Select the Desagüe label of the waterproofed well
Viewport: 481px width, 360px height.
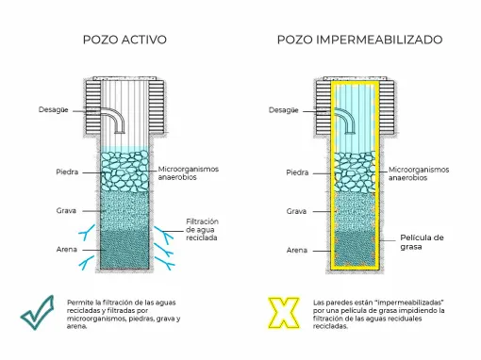point(283,110)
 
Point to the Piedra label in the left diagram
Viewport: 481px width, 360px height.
point(66,172)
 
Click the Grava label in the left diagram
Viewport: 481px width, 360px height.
point(65,211)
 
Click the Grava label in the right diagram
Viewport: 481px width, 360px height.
point(297,211)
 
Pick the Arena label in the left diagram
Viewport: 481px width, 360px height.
point(65,250)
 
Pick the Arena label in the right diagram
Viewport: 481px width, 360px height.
point(297,250)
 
